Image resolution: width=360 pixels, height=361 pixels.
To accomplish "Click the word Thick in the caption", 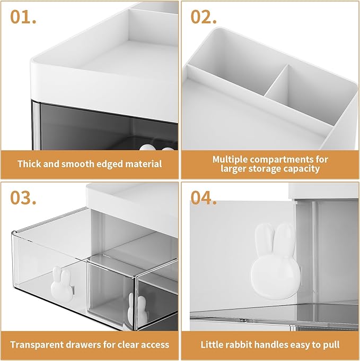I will (30, 164).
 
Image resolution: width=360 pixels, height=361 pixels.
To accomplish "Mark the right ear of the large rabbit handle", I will (285, 236).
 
